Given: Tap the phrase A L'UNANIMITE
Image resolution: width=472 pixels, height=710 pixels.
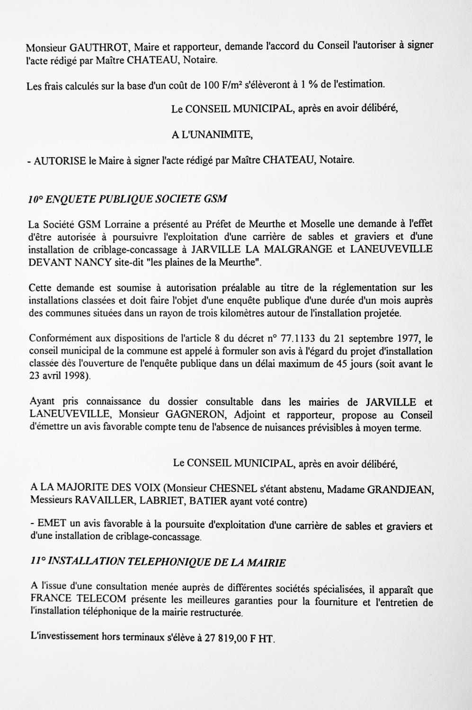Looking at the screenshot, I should tap(212, 135).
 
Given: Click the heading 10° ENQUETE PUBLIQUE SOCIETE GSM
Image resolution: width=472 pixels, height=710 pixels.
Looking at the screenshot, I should tap(127, 199).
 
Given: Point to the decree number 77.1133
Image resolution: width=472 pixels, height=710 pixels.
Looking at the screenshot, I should tap(298, 338).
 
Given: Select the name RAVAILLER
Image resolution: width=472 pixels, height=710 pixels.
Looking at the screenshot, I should tap(96, 501).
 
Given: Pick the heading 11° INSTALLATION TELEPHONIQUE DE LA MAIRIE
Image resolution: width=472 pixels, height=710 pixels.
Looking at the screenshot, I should tap(157, 562).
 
